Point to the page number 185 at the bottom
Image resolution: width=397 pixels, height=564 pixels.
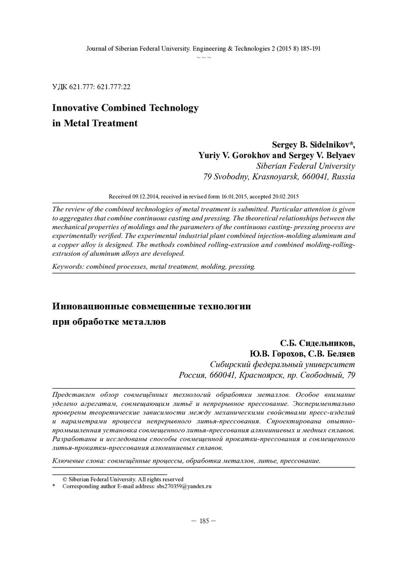204,521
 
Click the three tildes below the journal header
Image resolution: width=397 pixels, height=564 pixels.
204,56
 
